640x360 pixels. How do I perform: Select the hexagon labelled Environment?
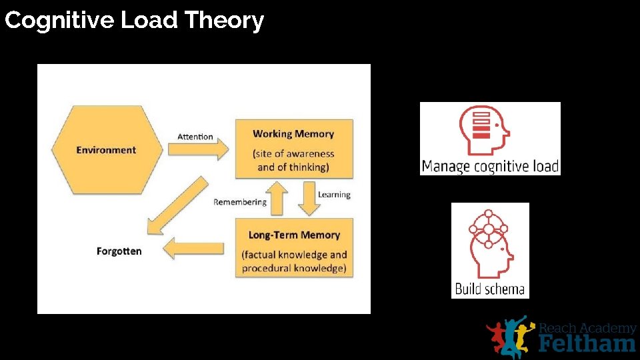pyautogui.click(x=107, y=150)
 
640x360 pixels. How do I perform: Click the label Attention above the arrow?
pyautogui.click(x=195, y=137)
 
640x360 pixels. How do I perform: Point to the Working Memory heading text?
pyautogui.click(x=293, y=133)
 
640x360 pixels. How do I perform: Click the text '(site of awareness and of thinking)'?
pyautogui.click(x=293, y=160)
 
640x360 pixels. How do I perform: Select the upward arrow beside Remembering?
pyautogui.click(x=279, y=199)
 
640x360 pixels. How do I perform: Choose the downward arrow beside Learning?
pyautogui.click(x=307, y=199)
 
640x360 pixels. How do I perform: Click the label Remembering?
pyautogui.click(x=240, y=202)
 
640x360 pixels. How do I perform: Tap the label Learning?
pyautogui.click(x=334, y=195)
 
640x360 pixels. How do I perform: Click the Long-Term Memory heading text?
pyautogui.click(x=294, y=235)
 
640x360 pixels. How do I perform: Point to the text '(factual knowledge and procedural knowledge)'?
pyautogui.click(x=294, y=261)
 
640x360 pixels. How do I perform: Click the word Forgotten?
pyautogui.click(x=119, y=251)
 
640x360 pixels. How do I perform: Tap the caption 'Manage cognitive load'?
pyautogui.click(x=490, y=166)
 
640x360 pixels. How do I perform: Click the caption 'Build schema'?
pyautogui.click(x=490, y=289)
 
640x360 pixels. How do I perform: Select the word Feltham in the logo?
pyautogui.click(x=587, y=343)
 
